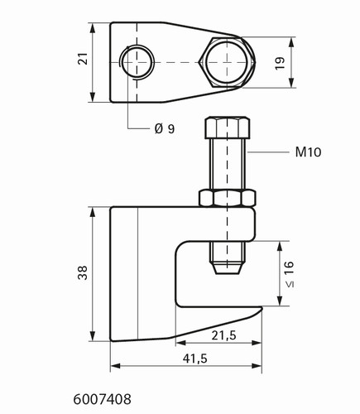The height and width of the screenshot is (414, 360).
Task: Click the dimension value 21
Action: [x=84, y=58]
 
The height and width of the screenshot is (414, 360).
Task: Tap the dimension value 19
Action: [x=280, y=63]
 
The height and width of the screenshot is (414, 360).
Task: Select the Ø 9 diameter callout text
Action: [x=165, y=129]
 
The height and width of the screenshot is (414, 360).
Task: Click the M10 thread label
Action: [x=308, y=152]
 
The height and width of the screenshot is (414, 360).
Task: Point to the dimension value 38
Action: [x=83, y=272]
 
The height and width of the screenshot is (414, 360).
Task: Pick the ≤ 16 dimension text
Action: [x=289, y=274]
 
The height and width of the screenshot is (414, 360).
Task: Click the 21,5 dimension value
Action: [x=224, y=335]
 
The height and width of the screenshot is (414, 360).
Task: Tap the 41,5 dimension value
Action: [x=194, y=359]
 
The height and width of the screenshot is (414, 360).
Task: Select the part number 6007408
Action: [x=102, y=399]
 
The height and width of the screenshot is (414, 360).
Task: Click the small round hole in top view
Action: [x=137, y=62]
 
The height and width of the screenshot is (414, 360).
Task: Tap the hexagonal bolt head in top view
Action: [x=227, y=63]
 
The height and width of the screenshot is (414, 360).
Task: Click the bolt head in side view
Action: [x=228, y=128]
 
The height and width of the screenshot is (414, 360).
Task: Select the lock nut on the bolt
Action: [x=228, y=198]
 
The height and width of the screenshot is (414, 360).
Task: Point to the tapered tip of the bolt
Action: [x=227, y=268]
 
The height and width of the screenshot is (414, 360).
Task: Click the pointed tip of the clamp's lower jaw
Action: [x=262, y=307]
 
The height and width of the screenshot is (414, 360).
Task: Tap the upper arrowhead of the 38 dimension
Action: [x=93, y=212]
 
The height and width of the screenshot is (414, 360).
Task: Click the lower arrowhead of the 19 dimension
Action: [x=291, y=83]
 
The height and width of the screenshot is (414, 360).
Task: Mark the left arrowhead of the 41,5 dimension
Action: [x=116, y=366]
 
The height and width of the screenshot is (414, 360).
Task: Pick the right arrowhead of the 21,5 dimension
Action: [x=257, y=343]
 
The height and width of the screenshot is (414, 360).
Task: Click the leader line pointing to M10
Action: [x=267, y=152]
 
